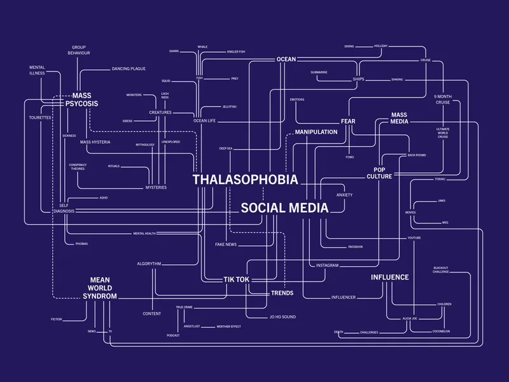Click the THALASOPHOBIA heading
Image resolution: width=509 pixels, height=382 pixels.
tap(245, 180)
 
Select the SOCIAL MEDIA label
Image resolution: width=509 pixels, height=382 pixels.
tap(284, 208)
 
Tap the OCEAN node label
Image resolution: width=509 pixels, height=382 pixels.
tap(286, 59)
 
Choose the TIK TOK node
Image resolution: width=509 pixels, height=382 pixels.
tap(236, 279)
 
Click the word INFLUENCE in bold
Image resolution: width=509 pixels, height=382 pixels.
tap(389, 277)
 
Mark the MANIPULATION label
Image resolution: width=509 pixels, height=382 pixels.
tap(316, 132)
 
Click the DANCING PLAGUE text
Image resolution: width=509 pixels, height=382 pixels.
tap(129, 68)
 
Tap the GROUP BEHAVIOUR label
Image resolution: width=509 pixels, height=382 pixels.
tap(79, 50)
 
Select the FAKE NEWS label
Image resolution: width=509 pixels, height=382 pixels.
tap(226, 244)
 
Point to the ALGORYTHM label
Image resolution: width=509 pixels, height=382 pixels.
tap(149, 264)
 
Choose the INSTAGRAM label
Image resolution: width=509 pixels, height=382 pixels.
tap(327, 264)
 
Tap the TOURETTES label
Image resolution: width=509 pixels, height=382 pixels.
tap(39, 118)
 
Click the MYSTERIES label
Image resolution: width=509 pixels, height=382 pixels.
tap(156, 187)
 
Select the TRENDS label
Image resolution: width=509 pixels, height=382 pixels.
tap(282, 293)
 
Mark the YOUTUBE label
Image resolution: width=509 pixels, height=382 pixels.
tap(414, 237)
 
